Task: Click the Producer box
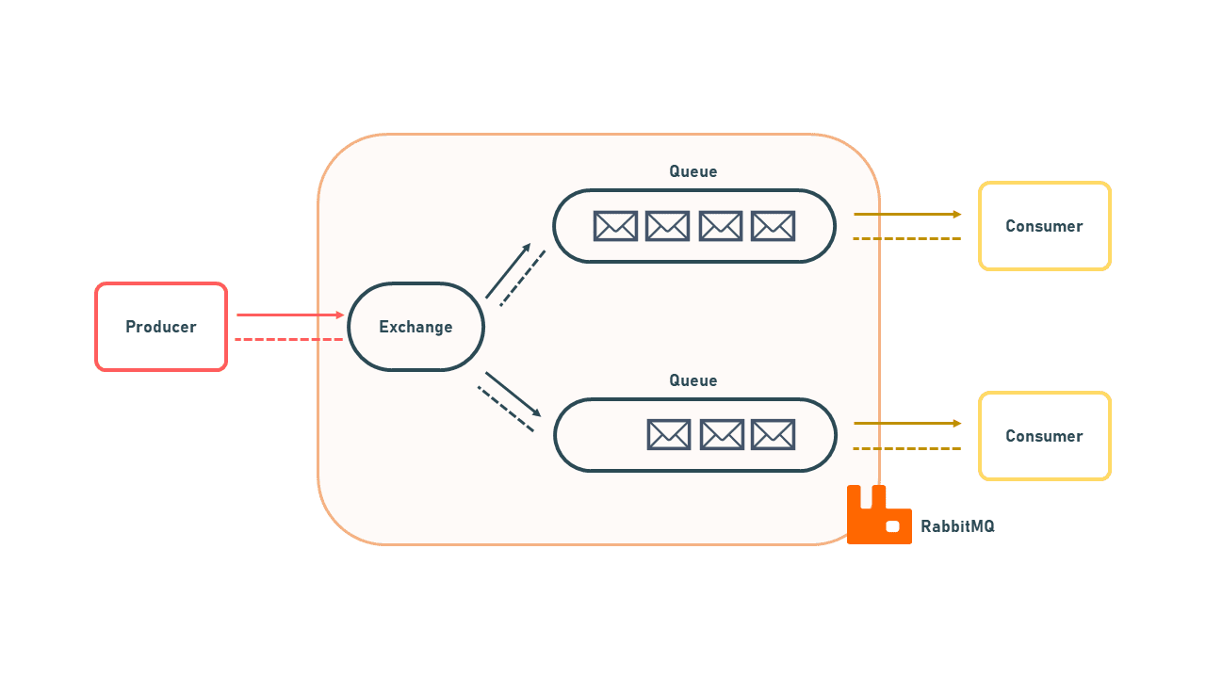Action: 161,327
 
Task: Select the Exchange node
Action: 416,327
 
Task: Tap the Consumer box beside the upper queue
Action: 1044,226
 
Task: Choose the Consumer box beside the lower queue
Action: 1044,436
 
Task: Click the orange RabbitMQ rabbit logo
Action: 877,517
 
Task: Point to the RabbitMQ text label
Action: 957,526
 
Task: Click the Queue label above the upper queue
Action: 693,171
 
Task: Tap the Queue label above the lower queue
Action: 693,380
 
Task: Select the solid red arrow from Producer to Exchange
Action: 290,315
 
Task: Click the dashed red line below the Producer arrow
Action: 288,339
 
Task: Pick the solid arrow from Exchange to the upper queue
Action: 508,271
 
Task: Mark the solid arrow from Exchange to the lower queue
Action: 513,394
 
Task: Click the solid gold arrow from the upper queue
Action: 906,214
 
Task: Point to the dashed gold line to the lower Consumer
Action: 906,448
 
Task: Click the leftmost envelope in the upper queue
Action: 615,226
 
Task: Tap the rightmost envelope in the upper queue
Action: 773,226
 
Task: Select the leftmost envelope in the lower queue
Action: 669,435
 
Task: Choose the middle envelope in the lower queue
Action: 722,435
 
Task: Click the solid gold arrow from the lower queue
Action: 906,424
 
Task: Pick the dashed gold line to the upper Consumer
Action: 906,238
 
